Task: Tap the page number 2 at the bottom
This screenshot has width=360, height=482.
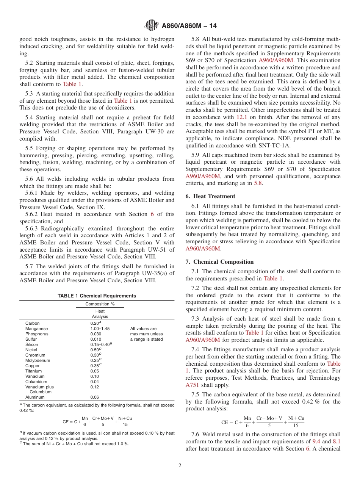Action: point(180,466)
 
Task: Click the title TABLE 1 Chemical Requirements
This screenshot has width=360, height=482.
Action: point(97,296)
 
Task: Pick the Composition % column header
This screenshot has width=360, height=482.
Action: point(100,304)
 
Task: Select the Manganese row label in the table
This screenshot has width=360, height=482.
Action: point(36,329)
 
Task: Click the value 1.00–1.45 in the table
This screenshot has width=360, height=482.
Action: point(100,329)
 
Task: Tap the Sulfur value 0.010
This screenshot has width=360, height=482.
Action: point(95,339)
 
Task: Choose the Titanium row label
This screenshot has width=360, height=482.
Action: point(33,371)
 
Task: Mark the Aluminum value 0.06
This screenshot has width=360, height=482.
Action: point(94,397)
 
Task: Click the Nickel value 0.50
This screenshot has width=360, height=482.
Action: point(95,350)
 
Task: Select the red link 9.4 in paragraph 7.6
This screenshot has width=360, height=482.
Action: point(316,441)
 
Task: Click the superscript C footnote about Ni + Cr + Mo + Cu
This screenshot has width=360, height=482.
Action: point(76,444)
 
